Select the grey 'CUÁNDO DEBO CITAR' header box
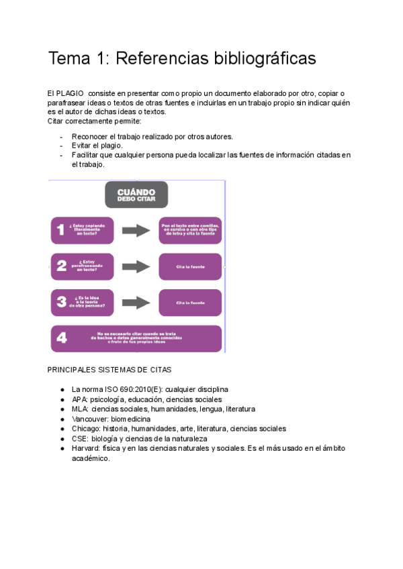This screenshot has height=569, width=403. tap(136, 195)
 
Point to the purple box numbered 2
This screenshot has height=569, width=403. tap(83, 266)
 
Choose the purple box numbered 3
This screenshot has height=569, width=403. tap(83, 303)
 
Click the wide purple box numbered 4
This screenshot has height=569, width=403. tap(136, 338)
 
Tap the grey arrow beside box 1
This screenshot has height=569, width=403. tap(136, 231)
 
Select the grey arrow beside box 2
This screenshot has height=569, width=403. tap(136, 266)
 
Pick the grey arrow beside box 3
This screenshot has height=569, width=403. tap(136, 302)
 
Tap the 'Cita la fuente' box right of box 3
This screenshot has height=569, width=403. tap(190, 303)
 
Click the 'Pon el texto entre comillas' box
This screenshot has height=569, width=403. tap(190, 231)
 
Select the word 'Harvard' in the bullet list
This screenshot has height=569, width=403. tap(85, 448)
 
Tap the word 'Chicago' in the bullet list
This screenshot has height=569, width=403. tap(86, 429)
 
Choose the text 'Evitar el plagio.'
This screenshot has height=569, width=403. tap(97, 146)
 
